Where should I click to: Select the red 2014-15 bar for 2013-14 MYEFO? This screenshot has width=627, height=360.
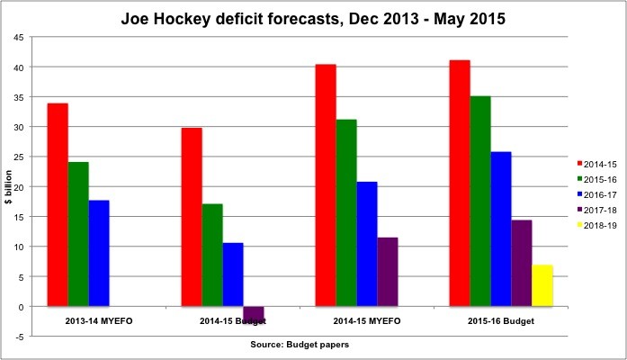pos(58,205)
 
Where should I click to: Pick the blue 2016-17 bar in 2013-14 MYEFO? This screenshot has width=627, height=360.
pos(99,253)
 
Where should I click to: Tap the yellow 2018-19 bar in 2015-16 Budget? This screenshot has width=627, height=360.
pos(542,285)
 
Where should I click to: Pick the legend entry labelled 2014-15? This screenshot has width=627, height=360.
pos(597,163)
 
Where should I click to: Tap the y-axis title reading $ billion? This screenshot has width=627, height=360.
pos(8,186)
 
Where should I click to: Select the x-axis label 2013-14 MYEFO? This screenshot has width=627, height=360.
pos(78,320)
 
